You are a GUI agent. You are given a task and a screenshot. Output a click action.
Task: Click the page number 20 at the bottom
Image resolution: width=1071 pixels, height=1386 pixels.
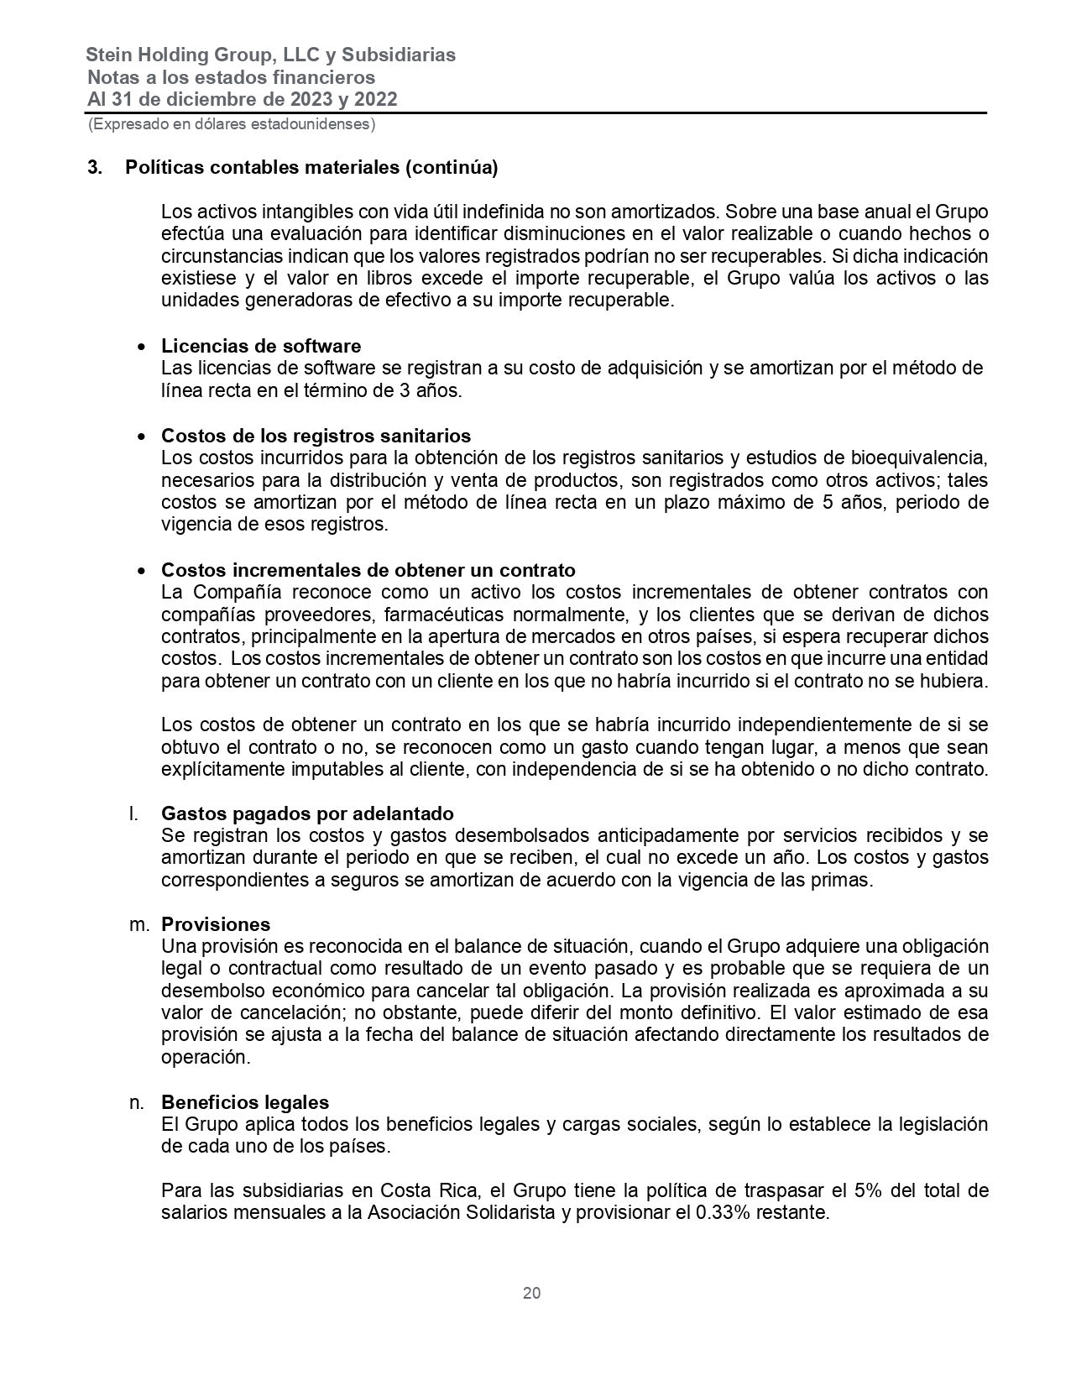coord(531,1293)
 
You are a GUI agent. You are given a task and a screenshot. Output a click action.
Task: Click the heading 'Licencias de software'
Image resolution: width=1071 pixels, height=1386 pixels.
coord(261,346)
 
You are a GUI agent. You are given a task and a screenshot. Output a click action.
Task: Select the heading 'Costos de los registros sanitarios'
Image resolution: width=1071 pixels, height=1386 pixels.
coord(316,436)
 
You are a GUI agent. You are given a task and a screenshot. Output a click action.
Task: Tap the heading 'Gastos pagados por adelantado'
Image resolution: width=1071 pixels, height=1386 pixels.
coord(307,813)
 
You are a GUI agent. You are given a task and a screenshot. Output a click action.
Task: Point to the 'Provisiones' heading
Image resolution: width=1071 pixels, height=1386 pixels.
coord(216,924)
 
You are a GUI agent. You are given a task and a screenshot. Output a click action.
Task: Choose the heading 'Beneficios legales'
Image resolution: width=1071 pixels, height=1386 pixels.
coord(245,1102)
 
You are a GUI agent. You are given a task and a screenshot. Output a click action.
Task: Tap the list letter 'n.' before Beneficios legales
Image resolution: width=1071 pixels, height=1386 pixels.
coord(138,1102)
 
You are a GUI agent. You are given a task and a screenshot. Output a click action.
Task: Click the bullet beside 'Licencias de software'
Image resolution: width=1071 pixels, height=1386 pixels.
coord(142,347)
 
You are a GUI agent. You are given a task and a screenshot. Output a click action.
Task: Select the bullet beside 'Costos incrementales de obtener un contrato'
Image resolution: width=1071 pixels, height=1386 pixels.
coord(142,571)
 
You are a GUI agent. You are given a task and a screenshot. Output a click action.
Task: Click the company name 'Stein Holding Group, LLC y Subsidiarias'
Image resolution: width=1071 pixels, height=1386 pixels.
coord(270,55)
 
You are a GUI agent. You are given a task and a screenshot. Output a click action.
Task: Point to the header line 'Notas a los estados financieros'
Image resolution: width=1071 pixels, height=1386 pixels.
coord(231,77)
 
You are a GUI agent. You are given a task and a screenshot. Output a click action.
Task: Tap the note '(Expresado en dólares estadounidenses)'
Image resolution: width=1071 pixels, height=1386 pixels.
coord(232,124)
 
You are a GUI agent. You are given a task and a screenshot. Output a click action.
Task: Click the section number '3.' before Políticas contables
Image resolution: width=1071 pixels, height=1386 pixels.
coord(95,167)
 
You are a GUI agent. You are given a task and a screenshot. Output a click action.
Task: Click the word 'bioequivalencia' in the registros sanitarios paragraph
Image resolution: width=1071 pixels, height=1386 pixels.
coord(917,458)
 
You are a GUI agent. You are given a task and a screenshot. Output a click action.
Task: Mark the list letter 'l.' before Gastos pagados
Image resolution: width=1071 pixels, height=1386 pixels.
coord(132,813)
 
